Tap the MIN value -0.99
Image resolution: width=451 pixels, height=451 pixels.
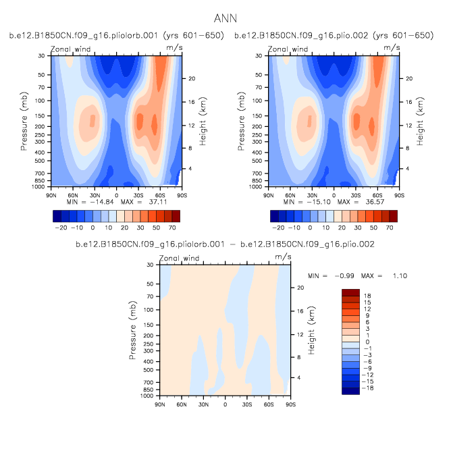[x=342, y=276]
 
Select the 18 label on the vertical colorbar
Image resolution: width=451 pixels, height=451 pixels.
[x=369, y=296]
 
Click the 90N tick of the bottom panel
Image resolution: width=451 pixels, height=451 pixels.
[x=160, y=404]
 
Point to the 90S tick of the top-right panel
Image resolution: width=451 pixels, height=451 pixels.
[x=399, y=195]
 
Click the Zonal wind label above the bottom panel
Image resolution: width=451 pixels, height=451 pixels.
[x=179, y=259]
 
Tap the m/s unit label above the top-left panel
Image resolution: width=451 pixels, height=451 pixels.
[x=174, y=47]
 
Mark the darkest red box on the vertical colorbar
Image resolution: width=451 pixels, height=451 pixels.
[x=351, y=292]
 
